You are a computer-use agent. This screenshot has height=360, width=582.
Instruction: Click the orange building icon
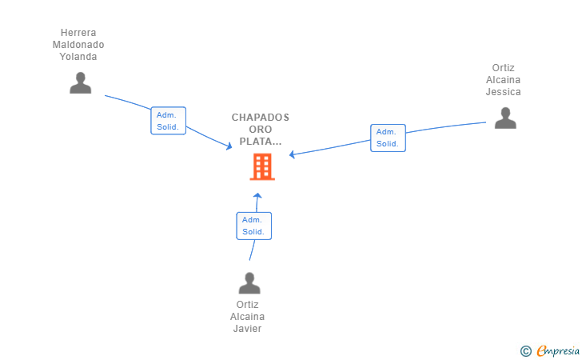pyautogui.click(x=262, y=167)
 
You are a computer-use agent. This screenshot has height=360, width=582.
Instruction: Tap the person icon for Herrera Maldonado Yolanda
pyautogui.click(x=80, y=83)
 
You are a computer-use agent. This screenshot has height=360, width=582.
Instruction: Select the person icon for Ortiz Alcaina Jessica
pyautogui.click(x=505, y=118)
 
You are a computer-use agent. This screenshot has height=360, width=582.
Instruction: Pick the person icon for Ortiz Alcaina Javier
pyautogui.click(x=249, y=282)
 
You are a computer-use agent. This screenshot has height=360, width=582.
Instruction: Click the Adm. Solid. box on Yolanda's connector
pyautogui.click(x=168, y=121)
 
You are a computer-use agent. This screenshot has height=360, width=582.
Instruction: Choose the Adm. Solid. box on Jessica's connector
pyautogui.click(x=388, y=138)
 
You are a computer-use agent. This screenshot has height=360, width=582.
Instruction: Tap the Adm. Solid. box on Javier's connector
pyautogui.click(x=254, y=226)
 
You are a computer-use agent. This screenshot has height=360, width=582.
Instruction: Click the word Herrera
pyautogui.click(x=78, y=33)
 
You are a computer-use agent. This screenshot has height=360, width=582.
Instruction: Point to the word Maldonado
pyautogui.click(x=78, y=45)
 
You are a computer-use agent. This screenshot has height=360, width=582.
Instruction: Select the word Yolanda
pyautogui.click(x=78, y=57)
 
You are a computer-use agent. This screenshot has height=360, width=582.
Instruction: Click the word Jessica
pyautogui.click(x=504, y=92)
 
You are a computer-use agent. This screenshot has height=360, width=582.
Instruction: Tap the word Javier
pyautogui.click(x=247, y=329)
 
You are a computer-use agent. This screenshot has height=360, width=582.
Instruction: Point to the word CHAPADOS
pyautogui.click(x=261, y=118)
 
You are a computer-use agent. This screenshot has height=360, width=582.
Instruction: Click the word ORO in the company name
pyautogui.click(x=261, y=130)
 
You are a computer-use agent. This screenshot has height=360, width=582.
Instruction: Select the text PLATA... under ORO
pyautogui.click(x=261, y=141)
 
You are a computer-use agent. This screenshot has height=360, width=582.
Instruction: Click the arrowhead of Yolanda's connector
pyautogui.click(x=229, y=146)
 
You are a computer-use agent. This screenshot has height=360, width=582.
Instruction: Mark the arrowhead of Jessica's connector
pyautogui.click(x=292, y=154)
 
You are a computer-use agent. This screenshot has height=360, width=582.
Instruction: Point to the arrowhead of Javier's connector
pyautogui.click(x=257, y=195)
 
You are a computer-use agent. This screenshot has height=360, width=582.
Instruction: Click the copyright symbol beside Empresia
pyautogui.click(x=525, y=351)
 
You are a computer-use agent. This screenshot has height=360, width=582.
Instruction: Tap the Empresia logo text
pyautogui.click(x=558, y=351)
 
